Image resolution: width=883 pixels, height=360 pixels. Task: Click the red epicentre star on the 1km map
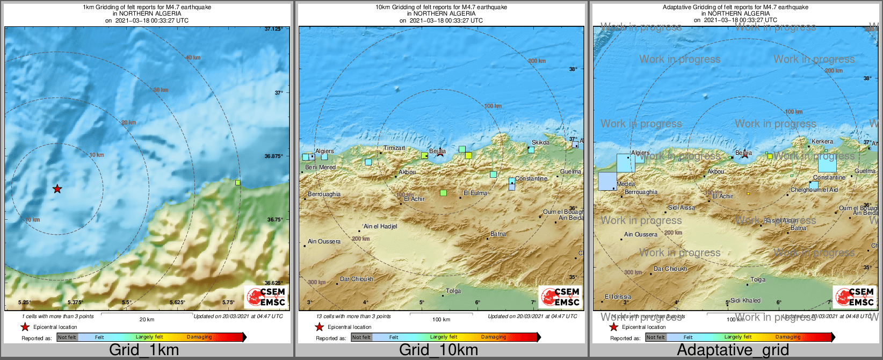pos(57,189)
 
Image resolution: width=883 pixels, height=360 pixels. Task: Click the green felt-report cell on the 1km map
pos(238,183)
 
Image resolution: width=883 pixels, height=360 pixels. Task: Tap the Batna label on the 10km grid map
pos(498,234)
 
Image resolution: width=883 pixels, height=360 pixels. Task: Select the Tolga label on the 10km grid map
pos(453,291)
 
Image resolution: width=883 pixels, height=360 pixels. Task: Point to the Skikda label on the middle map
pos(540,143)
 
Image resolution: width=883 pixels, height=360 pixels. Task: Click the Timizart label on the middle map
pos(394,148)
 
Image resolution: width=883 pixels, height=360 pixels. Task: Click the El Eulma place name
pos(475,193)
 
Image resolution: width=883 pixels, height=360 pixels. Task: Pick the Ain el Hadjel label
pos(380,227)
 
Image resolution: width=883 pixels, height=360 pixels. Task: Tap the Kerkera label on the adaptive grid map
pos(822,142)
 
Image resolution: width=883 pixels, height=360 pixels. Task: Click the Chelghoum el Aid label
pos(814,190)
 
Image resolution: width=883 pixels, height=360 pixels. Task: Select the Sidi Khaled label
pos(746,301)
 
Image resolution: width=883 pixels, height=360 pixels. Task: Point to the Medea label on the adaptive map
pos(626,184)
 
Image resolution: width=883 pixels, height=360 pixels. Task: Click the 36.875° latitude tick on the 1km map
pos(273,156)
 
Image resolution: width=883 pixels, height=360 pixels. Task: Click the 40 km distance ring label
pos(193,57)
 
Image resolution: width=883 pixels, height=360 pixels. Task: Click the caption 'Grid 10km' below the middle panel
pos(438,350)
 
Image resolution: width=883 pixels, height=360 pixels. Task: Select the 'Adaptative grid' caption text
pos(733,350)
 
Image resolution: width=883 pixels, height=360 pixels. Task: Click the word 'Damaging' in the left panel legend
pos(199,337)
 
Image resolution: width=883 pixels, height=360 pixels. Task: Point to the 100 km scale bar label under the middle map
pos(441,320)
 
